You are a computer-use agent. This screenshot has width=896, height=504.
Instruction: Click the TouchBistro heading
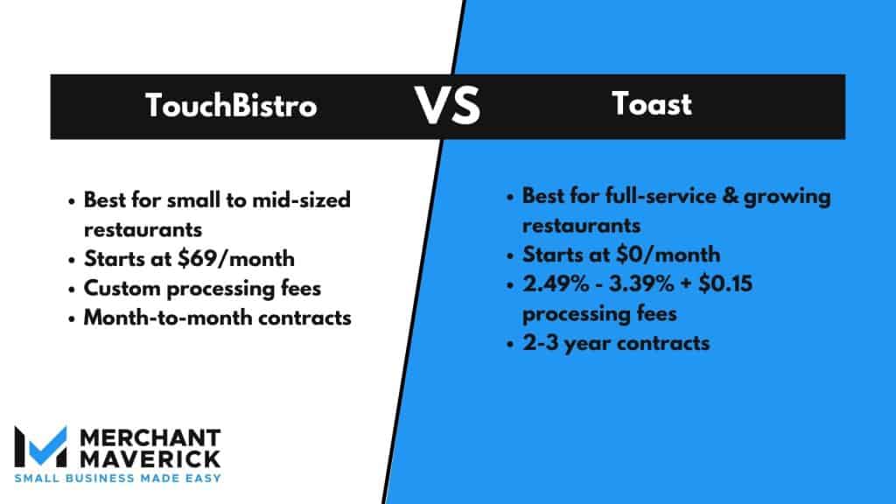coord(231,106)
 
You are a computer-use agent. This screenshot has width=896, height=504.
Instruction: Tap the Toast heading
coord(652,104)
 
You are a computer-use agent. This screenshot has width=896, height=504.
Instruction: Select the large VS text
coord(447,106)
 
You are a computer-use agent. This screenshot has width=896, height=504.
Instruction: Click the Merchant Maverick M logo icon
coord(40,446)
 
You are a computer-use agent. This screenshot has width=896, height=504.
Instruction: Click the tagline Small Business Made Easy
coord(117,478)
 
